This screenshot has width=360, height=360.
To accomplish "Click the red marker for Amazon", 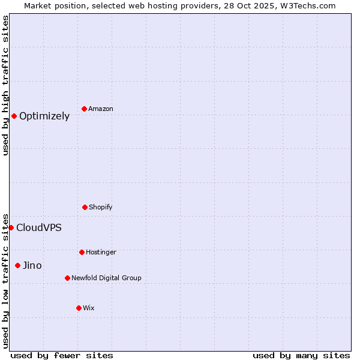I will point(84,109).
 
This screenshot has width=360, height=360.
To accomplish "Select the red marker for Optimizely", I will point(14,116).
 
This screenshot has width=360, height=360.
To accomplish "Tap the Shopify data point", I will point(85,207).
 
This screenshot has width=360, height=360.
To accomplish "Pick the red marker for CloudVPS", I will point(11,227).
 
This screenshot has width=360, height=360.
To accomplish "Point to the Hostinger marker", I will point(82,252).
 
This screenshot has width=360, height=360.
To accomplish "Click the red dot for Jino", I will point(17,265).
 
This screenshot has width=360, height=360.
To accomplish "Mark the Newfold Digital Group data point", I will point(67,278).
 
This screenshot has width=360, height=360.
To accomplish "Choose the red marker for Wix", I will point(79,308).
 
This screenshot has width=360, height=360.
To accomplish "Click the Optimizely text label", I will point(44,116).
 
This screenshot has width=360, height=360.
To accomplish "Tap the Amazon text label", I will point(101,109).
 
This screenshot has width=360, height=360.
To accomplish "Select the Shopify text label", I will point(101,207).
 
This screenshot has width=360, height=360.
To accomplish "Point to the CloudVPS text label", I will point(39,228).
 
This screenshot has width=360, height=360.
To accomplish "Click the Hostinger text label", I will point(101,252).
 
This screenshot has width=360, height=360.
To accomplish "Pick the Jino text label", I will point(32,266).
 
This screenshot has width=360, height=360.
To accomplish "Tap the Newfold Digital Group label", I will point(106,278).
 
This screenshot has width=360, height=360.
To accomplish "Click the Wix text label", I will point(89,308).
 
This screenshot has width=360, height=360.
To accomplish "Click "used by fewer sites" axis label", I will point(62,355).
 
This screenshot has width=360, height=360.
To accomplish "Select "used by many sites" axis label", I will point(301,355).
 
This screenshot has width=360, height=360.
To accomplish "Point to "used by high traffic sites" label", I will point(5,85).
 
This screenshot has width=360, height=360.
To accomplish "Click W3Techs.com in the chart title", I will point(304,5).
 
